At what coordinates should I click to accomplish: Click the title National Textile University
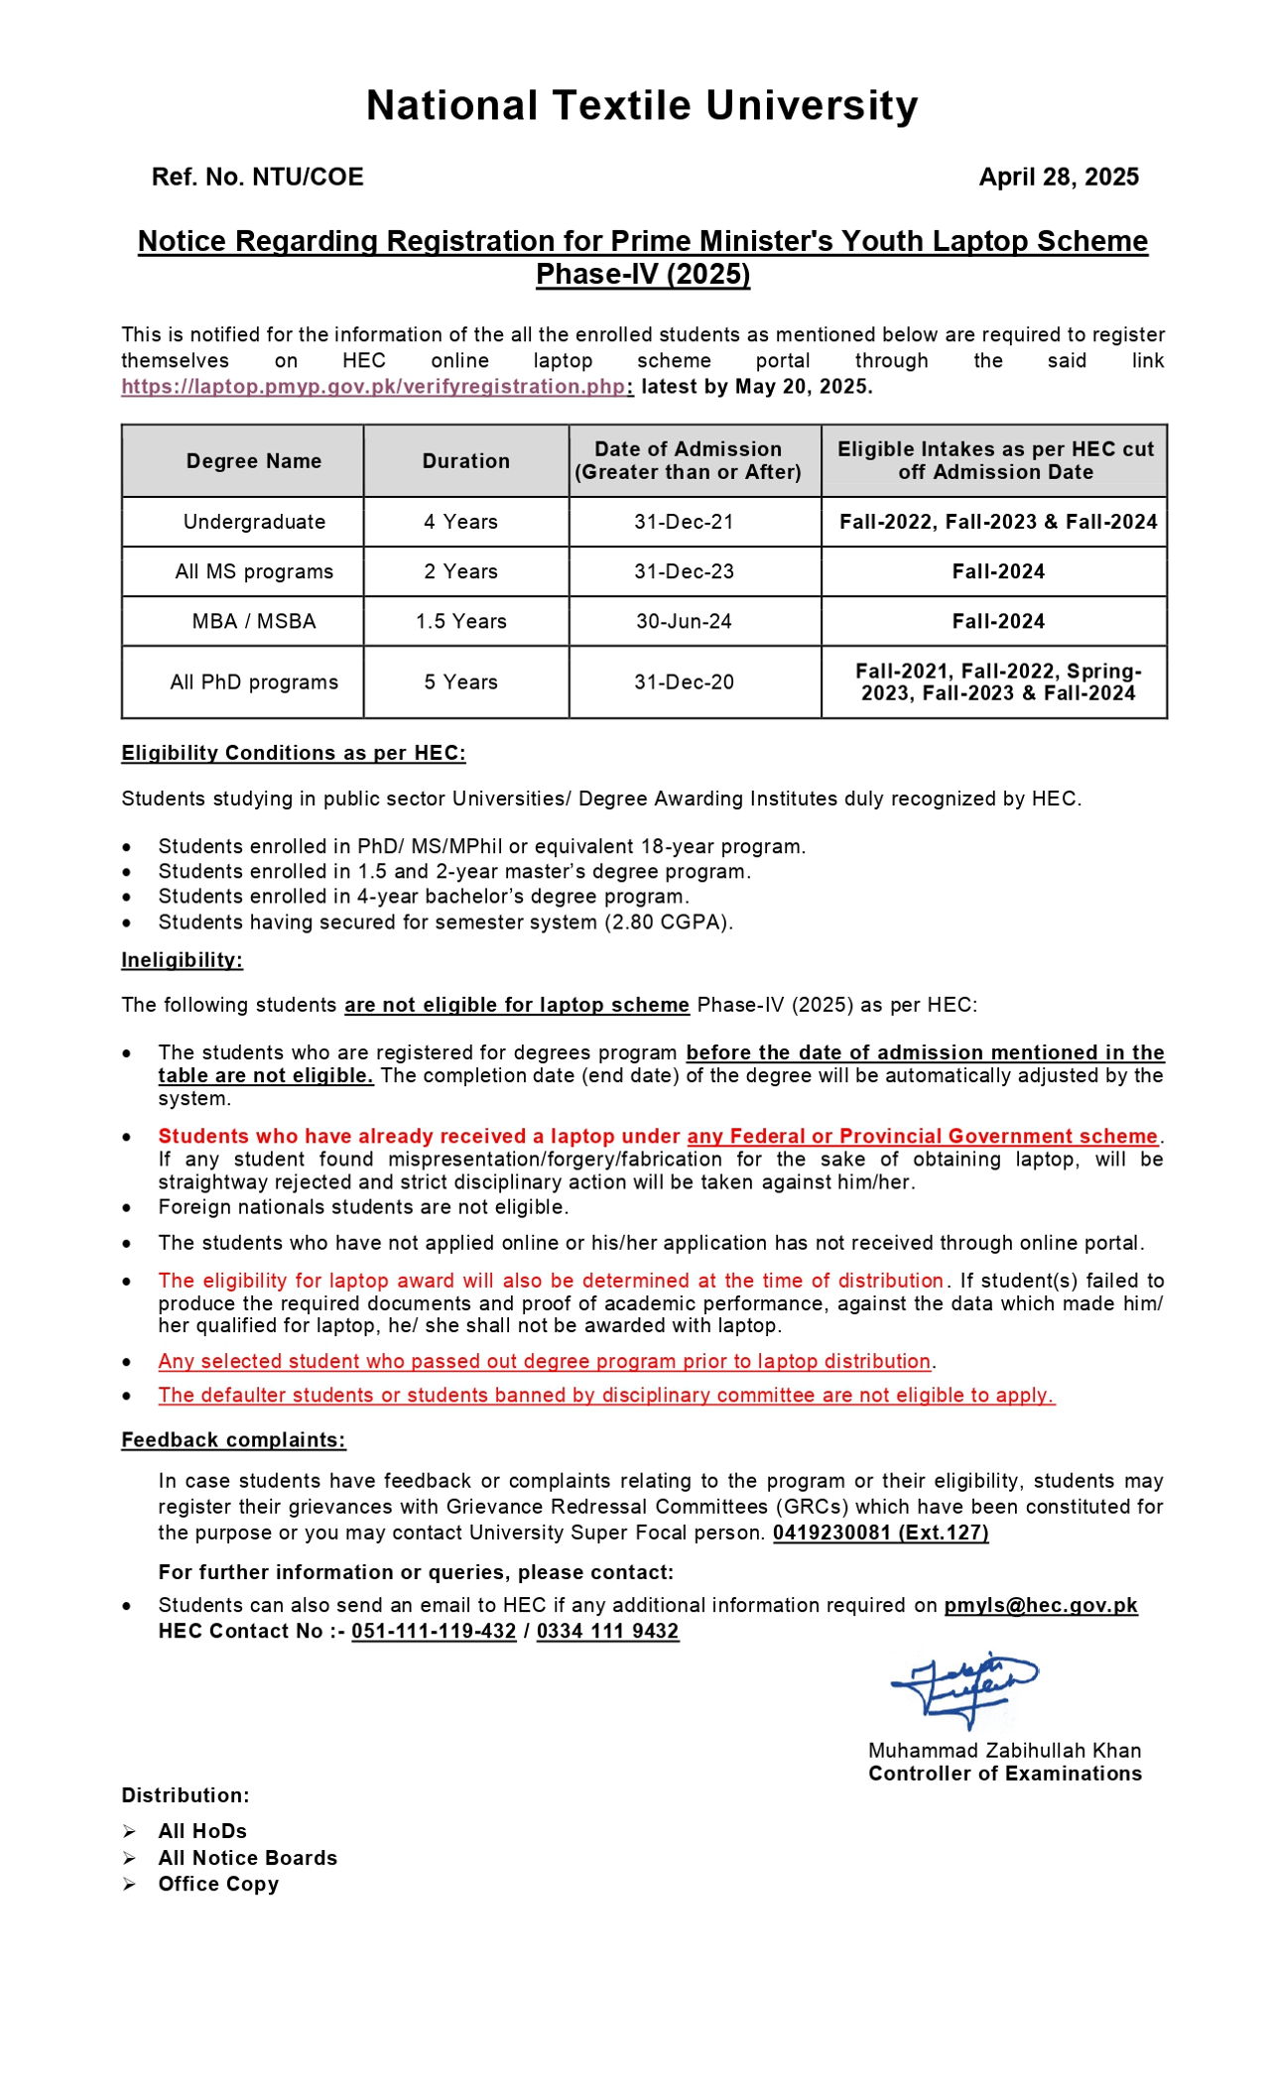click(642, 106)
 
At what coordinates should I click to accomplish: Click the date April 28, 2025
click(1059, 178)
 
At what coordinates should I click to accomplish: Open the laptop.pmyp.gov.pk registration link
click(373, 387)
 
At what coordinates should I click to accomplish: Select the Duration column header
click(465, 461)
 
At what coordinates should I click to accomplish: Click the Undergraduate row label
click(254, 522)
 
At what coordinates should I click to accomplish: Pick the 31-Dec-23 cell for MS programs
click(684, 571)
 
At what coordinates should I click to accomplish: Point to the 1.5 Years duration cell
click(461, 621)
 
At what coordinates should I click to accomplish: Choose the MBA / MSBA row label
click(254, 621)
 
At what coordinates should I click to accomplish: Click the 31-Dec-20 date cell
click(684, 682)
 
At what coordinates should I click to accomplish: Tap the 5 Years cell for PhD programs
click(461, 682)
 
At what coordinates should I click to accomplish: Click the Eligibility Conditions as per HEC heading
click(294, 753)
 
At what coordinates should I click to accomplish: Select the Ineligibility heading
click(182, 960)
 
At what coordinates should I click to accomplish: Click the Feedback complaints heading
click(233, 1440)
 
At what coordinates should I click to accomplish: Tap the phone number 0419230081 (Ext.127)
click(880, 1533)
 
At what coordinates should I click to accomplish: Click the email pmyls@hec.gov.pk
click(1041, 1605)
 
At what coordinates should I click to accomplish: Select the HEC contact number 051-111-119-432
click(434, 1632)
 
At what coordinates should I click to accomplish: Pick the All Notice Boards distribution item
click(247, 1858)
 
